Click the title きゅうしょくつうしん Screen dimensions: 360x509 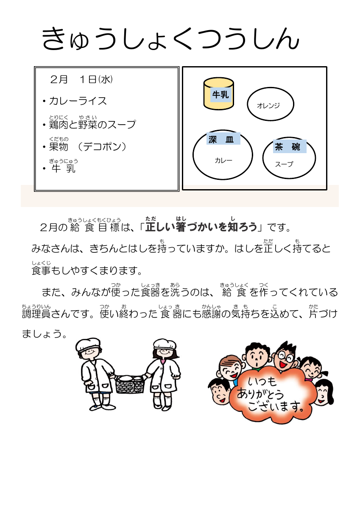pyautogui.click(x=170, y=39)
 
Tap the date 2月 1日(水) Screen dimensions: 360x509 pyautogui.click(x=81, y=80)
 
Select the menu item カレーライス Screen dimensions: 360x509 pyautogui.click(x=78, y=101)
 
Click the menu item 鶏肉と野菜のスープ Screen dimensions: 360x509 pyautogui.click(x=92, y=125)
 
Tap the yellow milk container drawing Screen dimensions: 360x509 pyautogui.click(x=218, y=94)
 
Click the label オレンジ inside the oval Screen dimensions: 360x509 pyautogui.click(x=268, y=106)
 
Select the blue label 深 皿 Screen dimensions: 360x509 pyautogui.click(x=223, y=138)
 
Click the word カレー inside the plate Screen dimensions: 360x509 pyautogui.click(x=223, y=160)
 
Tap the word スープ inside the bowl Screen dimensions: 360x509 pyautogui.click(x=284, y=164)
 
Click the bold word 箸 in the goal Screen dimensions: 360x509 pyautogui.click(x=181, y=227)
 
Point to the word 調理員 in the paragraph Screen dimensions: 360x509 pyautogui.click(x=36, y=314)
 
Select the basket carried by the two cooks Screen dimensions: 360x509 pyautogui.click(x=129, y=384)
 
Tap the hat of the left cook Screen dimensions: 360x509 pyautogui.click(x=88, y=345)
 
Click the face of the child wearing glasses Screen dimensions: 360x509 pyautogui.click(x=285, y=359)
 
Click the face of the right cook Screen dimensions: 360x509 pyautogui.click(x=164, y=355)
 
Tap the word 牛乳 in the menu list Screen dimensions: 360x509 pyautogui.click(x=64, y=168)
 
